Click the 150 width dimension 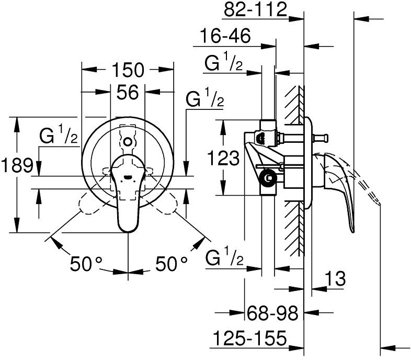click(128, 70)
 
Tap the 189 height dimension click(17, 165)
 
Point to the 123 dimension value click(223, 158)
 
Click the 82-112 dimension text click(256, 10)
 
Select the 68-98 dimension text click(273, 313)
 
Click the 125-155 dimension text click(249, 338)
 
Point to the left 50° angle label click(86, 263)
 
